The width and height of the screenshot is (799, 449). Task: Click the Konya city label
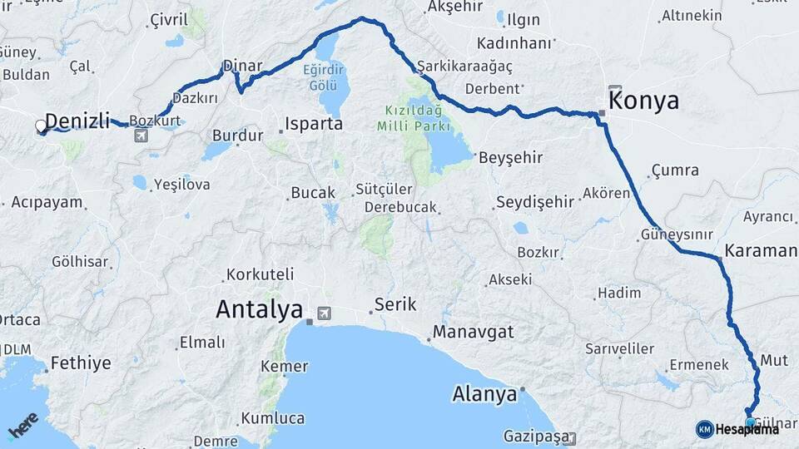click(644, 101)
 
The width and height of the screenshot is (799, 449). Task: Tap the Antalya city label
click(259, 309)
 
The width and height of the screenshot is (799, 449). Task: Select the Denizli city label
click(77, 122)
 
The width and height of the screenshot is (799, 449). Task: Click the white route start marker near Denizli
click(41, 127)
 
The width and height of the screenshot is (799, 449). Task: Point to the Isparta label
click(314, 124)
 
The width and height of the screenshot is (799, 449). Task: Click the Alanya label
click(484, 394)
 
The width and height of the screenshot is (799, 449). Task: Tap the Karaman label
click(761, 250)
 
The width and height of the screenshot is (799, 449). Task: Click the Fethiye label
click(81, 363)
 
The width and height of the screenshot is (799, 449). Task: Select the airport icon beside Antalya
click(322, 313)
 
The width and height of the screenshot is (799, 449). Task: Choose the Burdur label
click(238, 135)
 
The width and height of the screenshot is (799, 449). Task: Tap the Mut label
click(774, 360)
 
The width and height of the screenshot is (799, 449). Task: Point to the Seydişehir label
click(535, 201)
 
